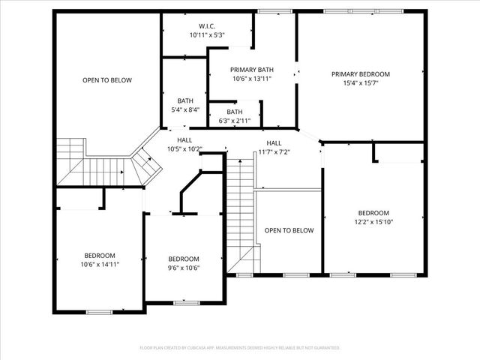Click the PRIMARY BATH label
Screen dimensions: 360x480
[251, 70]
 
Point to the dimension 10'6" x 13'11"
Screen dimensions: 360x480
[251, 78]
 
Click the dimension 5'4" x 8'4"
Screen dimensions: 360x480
[184, 109]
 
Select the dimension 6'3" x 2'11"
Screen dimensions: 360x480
[235, 120]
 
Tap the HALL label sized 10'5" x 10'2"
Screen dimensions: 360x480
[184, 140]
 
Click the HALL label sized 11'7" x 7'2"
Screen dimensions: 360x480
[274, 143]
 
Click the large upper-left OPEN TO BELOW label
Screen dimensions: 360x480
[107, 79]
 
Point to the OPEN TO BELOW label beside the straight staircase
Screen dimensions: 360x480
[289, 230]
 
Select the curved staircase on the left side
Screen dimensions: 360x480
[105, 163]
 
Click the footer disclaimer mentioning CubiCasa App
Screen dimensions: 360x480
[240, 347]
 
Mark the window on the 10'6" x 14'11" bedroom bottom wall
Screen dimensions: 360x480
[99, 311]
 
